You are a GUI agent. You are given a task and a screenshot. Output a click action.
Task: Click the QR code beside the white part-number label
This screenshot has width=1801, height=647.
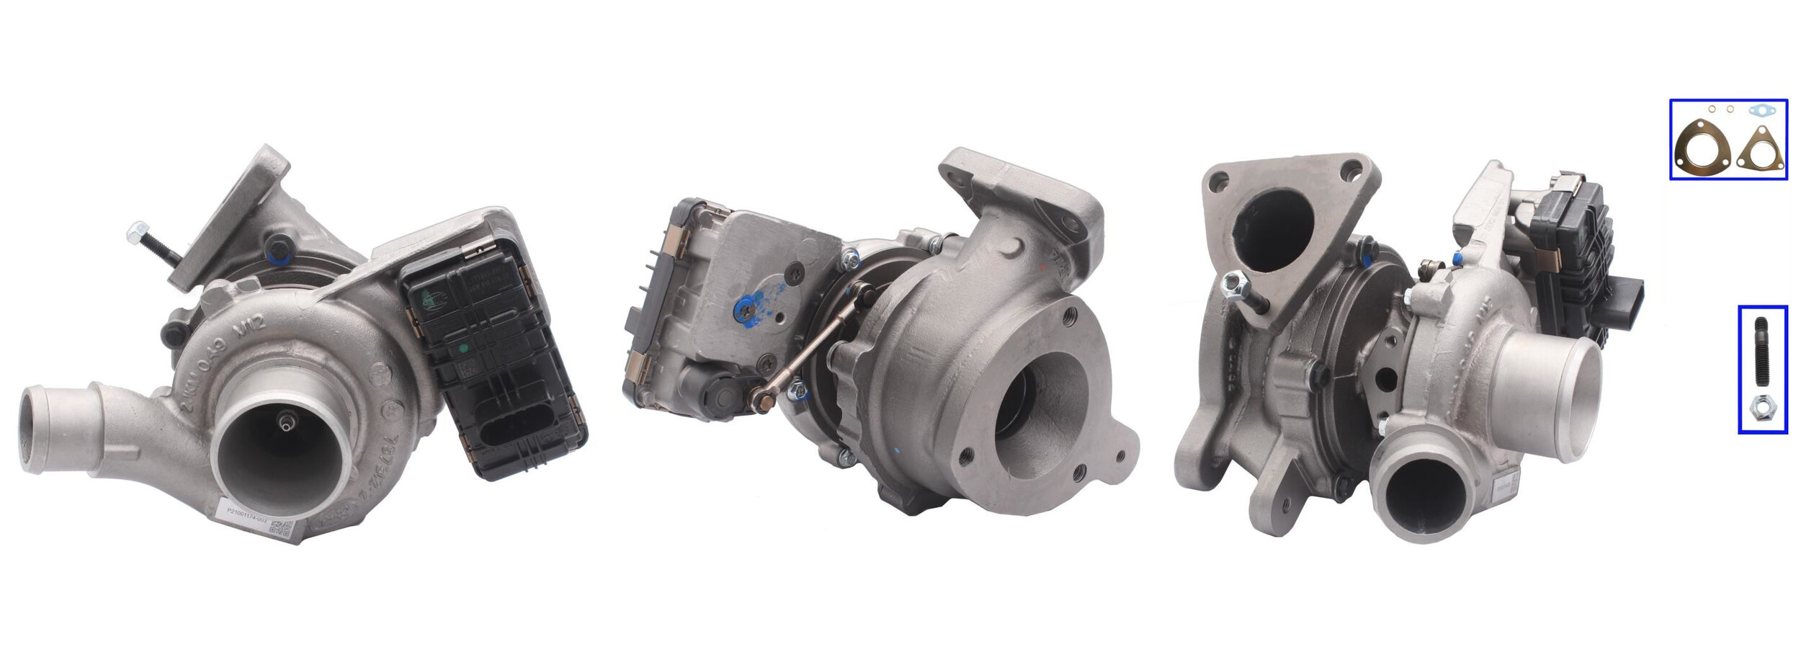280,527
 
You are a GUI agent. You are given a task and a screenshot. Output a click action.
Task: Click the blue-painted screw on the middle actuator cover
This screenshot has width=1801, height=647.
744,308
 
